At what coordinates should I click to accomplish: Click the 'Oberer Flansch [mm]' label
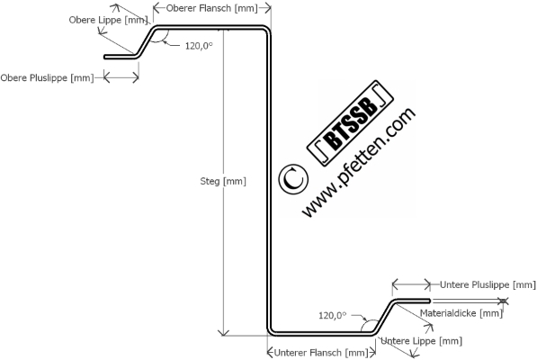[211, 9]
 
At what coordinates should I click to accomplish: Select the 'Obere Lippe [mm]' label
[108, 20]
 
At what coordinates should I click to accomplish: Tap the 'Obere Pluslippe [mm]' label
[47, 77]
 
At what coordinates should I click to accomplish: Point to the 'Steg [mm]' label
[223, 181]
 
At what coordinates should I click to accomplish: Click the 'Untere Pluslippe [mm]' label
[488, 284]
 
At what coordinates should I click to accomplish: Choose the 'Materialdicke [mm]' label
[461, 313]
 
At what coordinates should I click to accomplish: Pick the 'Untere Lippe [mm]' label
[421, 341]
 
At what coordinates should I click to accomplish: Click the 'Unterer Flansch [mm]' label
[321, 353]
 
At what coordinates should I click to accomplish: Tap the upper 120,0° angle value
[199, 46]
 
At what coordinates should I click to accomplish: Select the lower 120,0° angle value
[332, 315]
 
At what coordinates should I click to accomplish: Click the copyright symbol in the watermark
[293, 179]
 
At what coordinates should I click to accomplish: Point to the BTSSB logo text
[350, 123]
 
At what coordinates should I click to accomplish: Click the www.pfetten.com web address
[359, 162]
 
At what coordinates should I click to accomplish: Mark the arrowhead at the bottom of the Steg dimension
[223, 333]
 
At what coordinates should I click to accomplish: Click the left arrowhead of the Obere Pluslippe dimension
[106, 77]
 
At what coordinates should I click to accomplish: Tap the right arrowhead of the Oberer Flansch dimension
[268, 7]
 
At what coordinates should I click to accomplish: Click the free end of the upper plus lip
[105, 57]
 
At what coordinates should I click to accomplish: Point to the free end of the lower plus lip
[429, 301]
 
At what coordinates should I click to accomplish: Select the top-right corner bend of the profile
[266, 30]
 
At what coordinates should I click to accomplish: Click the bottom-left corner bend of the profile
[272, 331]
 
